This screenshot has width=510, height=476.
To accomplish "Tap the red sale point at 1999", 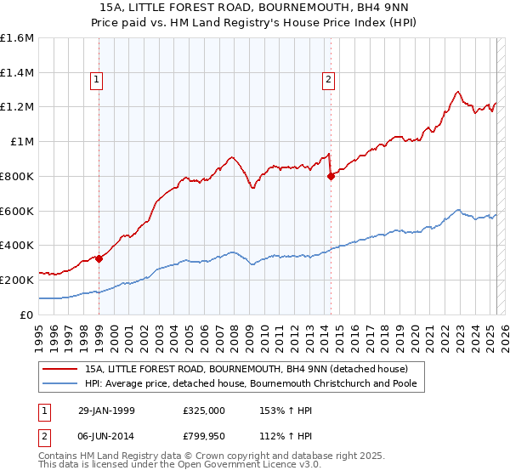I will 99,258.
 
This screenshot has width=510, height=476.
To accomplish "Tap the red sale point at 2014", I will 331,176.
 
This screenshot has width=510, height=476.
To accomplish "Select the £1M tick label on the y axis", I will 22,142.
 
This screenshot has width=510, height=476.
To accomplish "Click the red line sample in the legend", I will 60,369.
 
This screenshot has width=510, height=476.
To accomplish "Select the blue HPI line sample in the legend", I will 60,384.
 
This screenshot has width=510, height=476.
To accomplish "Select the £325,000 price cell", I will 203,410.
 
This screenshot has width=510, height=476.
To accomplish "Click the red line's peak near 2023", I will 457,91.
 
